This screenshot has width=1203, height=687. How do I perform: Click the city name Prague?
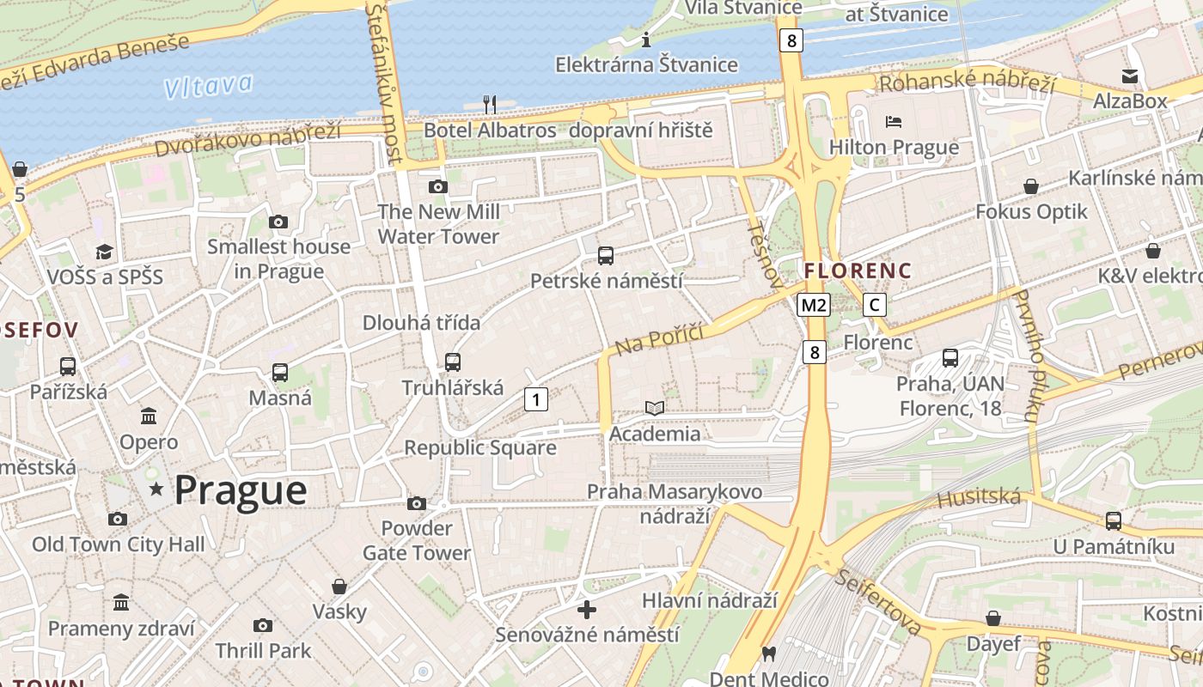tap(241, 490)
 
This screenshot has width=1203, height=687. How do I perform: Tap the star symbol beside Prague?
tap(156, 489)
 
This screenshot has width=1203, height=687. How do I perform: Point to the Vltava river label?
tap(209, 85)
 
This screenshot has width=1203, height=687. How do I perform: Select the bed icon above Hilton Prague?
tap(894, 122)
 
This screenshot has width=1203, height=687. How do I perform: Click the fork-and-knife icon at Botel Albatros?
tap(490, 104)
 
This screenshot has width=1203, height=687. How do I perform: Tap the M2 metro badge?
tap(813, 305)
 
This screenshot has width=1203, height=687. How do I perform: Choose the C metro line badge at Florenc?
tap(875, 305)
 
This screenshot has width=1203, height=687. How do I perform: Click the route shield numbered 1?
tap(536, 399)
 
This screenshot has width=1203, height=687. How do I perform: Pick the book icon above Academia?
tap(655, 408)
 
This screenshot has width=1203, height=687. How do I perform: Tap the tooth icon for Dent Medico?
tap(769, 654)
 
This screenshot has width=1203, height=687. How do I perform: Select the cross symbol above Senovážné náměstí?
tap(587, 610)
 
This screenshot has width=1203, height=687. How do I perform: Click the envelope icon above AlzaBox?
tap(1130, 76)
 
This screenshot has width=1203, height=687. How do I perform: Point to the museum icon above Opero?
tap(149, 416)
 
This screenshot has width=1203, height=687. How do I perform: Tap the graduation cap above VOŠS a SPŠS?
tap(104, 252)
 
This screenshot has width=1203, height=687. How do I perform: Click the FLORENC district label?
tap(858, 271)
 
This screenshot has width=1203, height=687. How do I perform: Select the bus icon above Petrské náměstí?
tap(606, 255)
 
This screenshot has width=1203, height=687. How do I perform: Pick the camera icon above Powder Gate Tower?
tap(417, 503)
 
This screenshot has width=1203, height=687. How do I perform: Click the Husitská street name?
tap(979, 497)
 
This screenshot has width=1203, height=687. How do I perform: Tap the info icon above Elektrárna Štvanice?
tap(646, 39)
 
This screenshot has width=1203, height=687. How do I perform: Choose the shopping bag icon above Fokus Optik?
tap(1031, 185)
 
